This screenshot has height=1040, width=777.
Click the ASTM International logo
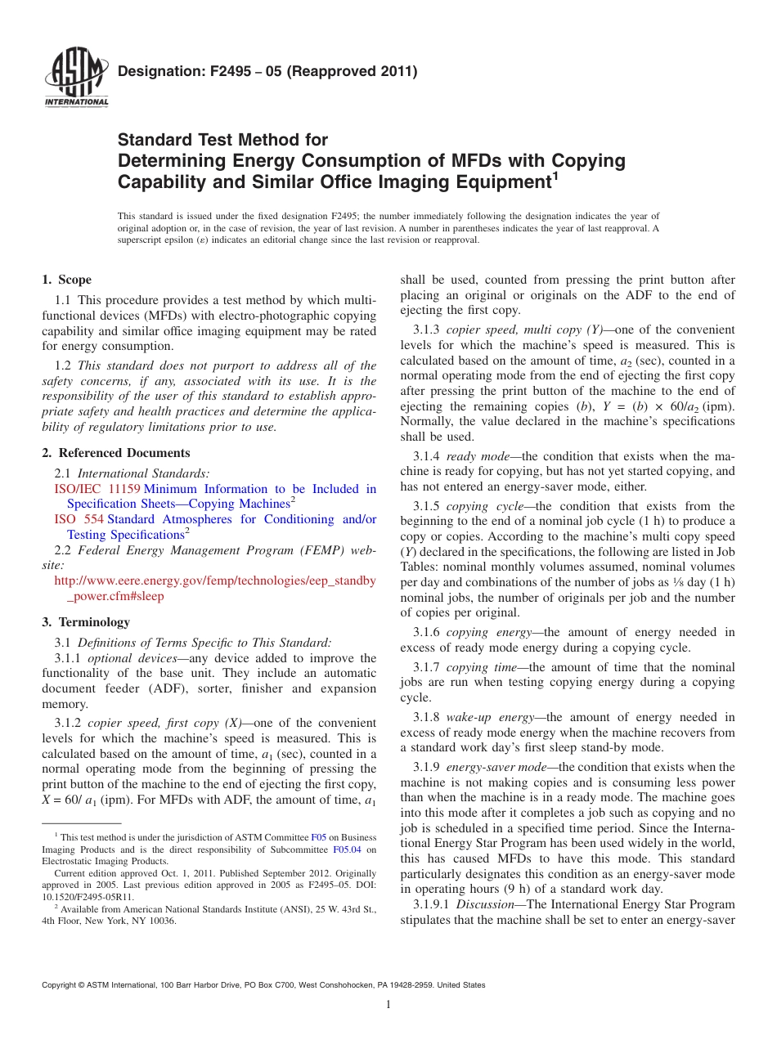[x=76, y=78]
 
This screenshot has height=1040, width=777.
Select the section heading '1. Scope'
[x=67, y=280]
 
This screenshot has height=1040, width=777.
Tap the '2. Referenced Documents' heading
[x=116, y=453]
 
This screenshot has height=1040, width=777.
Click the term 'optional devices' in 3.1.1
[x=124, y=658]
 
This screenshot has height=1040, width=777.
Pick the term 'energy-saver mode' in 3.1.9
[x=501, y=767]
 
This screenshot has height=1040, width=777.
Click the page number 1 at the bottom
[x=388, y=1005]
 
